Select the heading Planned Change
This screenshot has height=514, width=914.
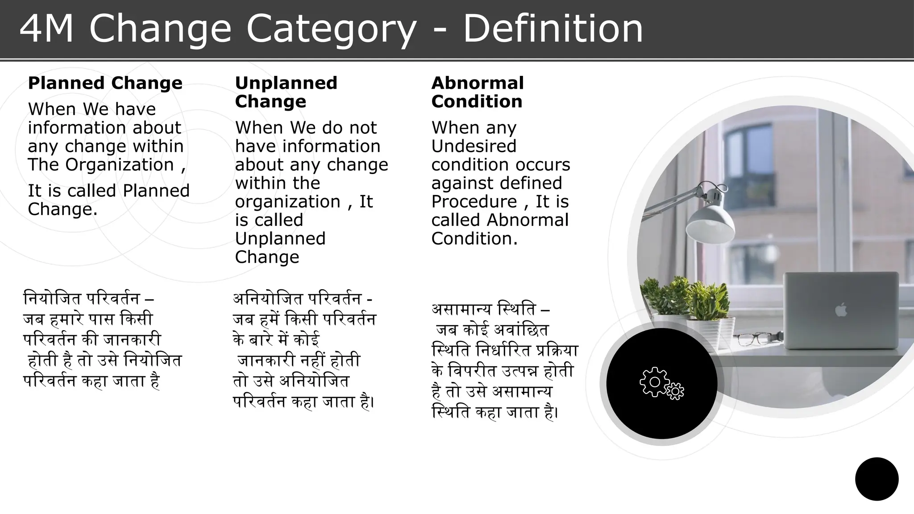(105, 83)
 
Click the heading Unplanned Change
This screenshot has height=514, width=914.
(286, 92)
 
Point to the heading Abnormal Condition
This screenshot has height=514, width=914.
(478, 92)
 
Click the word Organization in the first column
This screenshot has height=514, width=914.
(120, 165)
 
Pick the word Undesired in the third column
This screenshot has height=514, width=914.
(474, 146)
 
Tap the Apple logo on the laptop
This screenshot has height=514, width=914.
(841, 309)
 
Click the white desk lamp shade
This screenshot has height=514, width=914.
(710, 223)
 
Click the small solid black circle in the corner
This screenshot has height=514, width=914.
(877, 479)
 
